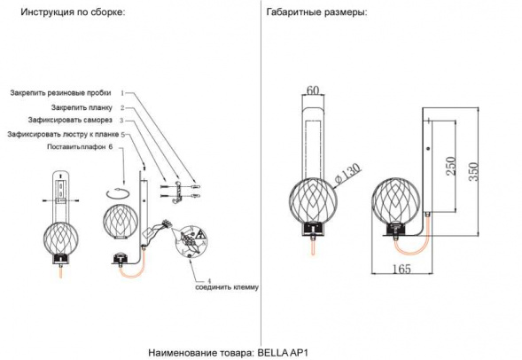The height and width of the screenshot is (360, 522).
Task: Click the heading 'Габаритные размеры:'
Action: click(316, 14)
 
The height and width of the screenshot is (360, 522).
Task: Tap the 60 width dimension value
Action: click(312, 90)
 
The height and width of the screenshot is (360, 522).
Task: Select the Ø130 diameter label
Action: click(347, 169)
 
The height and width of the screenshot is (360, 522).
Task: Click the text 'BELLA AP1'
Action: click(283, 351)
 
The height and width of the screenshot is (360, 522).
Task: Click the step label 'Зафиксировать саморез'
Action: click(73, 121)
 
